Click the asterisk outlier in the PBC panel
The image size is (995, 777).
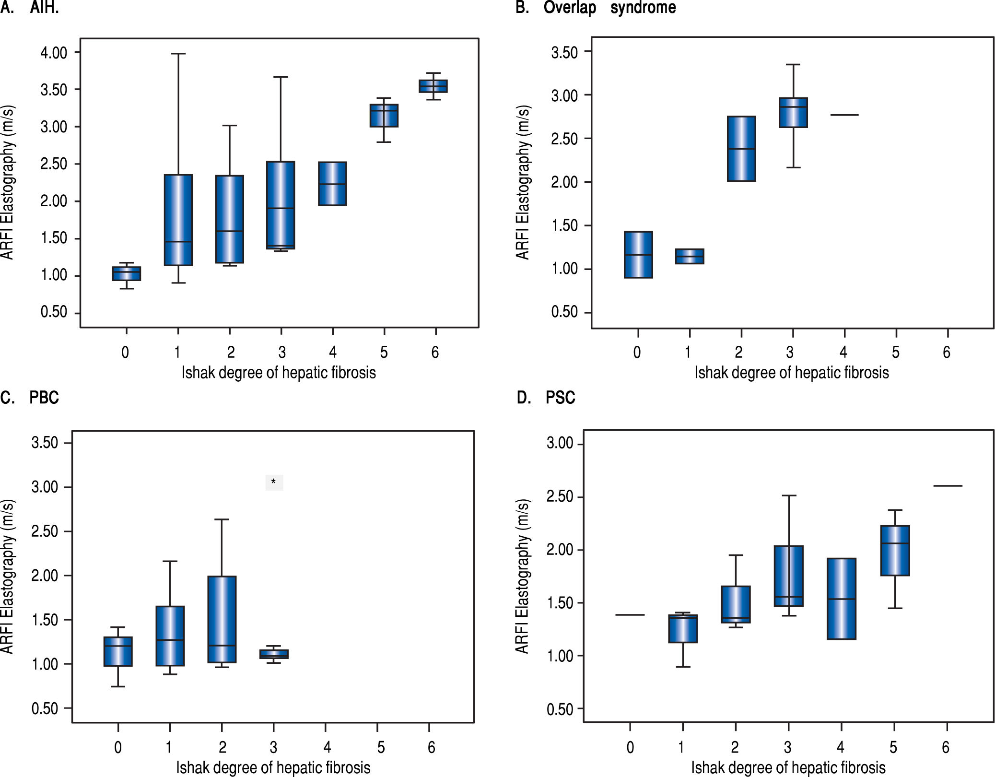(x=274, y=482)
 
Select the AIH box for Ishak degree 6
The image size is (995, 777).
(x=433, y=86)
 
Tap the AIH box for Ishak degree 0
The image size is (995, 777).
(x=127, y=273)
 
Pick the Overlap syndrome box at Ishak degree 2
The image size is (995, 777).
(x=741, y=149)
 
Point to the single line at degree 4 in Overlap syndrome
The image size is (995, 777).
(x=844, y=115)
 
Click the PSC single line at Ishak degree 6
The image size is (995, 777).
(x=948, y=486)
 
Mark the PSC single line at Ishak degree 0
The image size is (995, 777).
(x=630, y=615)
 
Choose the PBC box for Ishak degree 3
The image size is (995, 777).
(x=274, y=654)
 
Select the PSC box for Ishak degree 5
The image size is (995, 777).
(x=895, y=551)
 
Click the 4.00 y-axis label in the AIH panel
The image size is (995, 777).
(x=54, y=52)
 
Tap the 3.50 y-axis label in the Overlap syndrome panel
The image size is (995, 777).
(x=564, y=52)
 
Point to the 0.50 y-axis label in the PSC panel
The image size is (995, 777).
(x=560, y=709)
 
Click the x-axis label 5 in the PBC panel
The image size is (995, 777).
(x=381, y=747)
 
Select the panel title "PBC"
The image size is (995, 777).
(x=44, y=398)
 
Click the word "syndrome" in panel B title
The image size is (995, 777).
(x=643, y=8)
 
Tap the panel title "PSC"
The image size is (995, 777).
(x=560, y=398)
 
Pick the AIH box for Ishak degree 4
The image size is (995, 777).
(x=333, y=184)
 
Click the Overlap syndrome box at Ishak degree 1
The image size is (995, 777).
(x=690, y=257)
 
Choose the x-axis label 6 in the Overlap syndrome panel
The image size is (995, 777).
(x=947, y=353)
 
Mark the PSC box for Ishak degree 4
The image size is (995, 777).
(x=842, y=599)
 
